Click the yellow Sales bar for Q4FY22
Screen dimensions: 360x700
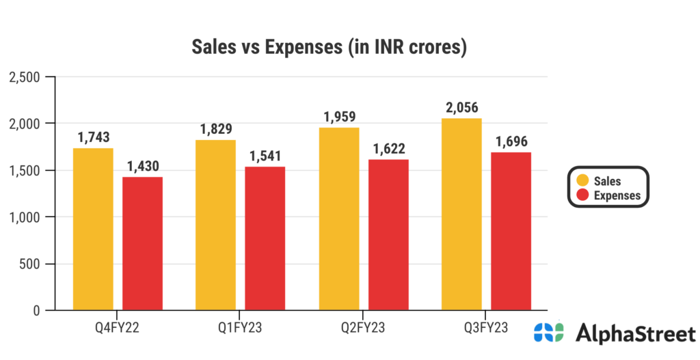pos(93,229)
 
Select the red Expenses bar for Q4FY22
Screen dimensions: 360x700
pos(142,243)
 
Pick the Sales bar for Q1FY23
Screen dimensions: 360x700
pos(216,225)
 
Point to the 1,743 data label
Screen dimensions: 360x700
pos(94,137)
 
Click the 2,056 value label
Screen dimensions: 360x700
pos(461,108)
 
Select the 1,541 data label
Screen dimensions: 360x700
pos(265,156)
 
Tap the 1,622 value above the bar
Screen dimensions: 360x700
pos(388,149)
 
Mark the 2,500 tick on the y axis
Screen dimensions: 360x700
pos(25,77)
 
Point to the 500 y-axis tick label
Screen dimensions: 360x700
pos(31,264)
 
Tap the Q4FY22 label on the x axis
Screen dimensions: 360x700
pos(118,328)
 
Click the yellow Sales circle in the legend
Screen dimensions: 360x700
pos(582,180)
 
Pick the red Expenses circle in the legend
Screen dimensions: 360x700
pos(582,195)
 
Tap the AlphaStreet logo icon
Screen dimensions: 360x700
pos(549,333)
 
